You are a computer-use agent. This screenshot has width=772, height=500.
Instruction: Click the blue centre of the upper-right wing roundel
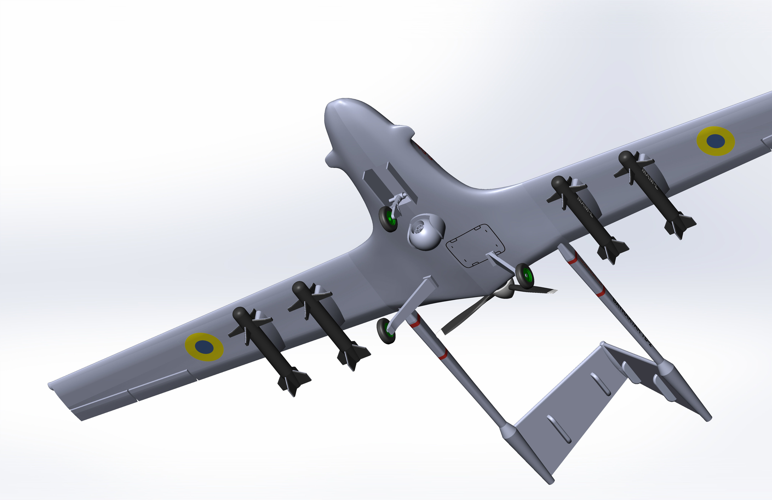click(716, 141)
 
